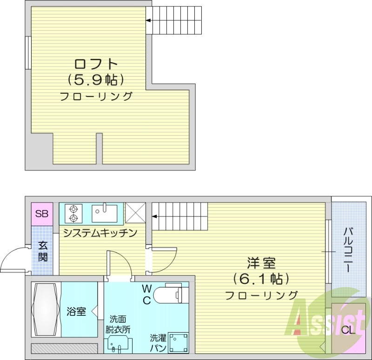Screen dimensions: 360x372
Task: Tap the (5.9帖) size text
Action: pyautogui.click(x=96, y=80)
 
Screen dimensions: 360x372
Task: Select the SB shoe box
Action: pyautogui.click(x=42, y=215)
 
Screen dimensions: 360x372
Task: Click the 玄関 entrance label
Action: pyautogui.click(x=42, y=251)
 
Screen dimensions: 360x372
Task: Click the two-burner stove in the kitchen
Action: pyautogui.click(x=73, y=213)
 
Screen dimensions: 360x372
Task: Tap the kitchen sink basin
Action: pyautogui.click(x=105, y=213)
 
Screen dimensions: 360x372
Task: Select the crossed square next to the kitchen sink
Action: pyautogui.click(x=136, y=213)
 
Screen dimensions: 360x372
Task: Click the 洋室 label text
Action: pyautogui.click(x=261, y=263)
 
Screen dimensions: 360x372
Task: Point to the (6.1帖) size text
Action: pyautogui.click(x=261, y=279)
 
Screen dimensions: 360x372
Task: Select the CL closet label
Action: pyautogui.click(x=348, y=331)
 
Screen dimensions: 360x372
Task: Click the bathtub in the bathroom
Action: pyautogui.click(x=46, y=309)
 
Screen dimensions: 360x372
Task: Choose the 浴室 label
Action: pyautogui.click(x=76, y=311)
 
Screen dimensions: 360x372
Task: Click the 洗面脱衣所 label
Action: pyautogui.click(x=120, y=324)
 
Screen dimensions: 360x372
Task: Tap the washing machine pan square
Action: pyautogui.click(x=178, y=343)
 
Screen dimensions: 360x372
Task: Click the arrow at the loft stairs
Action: pyautogui.click(x=149, y=20)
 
